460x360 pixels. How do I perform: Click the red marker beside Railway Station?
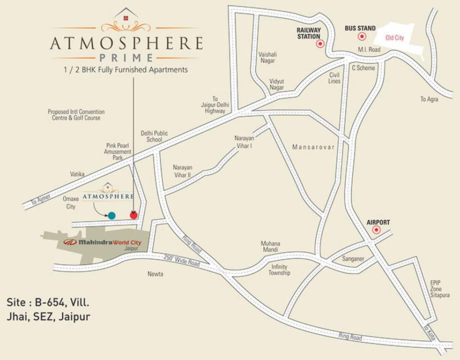pyautogui.click(x=320, y=44)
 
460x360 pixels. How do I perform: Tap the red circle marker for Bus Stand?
pyautogui.click(x=362, y=37)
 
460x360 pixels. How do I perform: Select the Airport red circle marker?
pyautogui.click(x=376, y=230)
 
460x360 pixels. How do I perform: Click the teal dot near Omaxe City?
pyautogui.click(x=111, y=216)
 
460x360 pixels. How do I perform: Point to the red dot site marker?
pyautogui.click(x=134, y=215)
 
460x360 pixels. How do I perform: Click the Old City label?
pyautogui.click(x=394, y=37)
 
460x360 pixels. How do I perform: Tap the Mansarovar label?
pyautogui.click(x=313, y=147)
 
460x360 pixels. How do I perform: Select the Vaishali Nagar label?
pyautogui.click(x=267, y=57)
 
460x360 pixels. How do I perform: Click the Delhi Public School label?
pyautogui.click(x=154, y=136)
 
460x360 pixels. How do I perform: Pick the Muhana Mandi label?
pyautogui.click(x=271, y=247)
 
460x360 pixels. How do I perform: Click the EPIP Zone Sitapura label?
pyautogui.click(x=440, y=289)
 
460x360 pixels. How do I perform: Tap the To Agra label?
pyautogui.click(x=429, y=99)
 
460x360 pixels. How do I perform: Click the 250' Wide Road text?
pyautogui.click(x=182, y=261)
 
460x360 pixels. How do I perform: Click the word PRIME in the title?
pyautogui.click(x=126, y=58)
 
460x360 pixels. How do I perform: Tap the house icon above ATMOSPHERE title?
pyautogui.click(x=126, y=16)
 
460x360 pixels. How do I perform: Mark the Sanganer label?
pyautogui.click(x=353, y=258)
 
